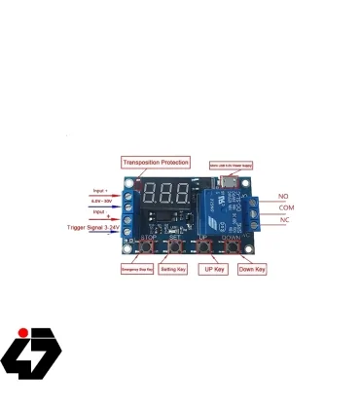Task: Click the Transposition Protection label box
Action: pyautogui.click(x=156, y=163)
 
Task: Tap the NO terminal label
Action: pyautogui.click(x=283, y=196)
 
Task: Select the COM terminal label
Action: pyautogui.click(x=286, y=207)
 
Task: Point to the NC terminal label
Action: pyautogui.click(x=283, y=220)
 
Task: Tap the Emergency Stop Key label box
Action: pyautogui.click(x=136, y=268)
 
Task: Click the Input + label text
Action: pyautogui.click(x=100, y=191)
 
